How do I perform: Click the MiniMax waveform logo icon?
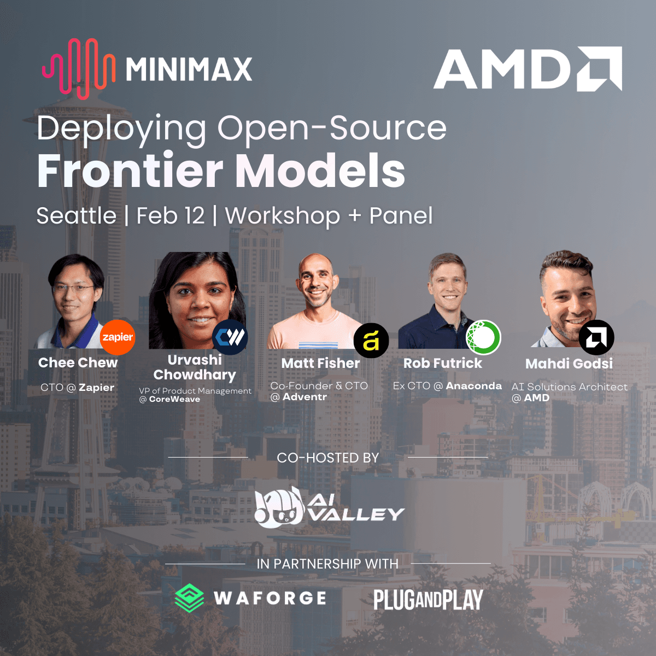79,68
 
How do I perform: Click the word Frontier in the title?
130,171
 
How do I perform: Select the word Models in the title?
320,171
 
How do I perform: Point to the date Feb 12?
170,216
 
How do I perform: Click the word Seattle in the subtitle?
76,216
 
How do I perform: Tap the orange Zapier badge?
118,337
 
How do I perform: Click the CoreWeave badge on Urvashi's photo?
230,337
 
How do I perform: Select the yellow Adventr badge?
371,341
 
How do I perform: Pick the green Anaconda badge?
483,337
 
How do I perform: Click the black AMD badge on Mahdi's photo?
596,338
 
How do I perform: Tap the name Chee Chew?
78,363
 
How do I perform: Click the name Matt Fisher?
320,364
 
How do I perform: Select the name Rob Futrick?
443,364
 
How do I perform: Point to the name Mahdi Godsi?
569,364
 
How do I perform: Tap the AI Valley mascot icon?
279,508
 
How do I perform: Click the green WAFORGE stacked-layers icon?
189,598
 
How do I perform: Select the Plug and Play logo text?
428,600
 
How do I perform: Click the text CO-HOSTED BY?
328,458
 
